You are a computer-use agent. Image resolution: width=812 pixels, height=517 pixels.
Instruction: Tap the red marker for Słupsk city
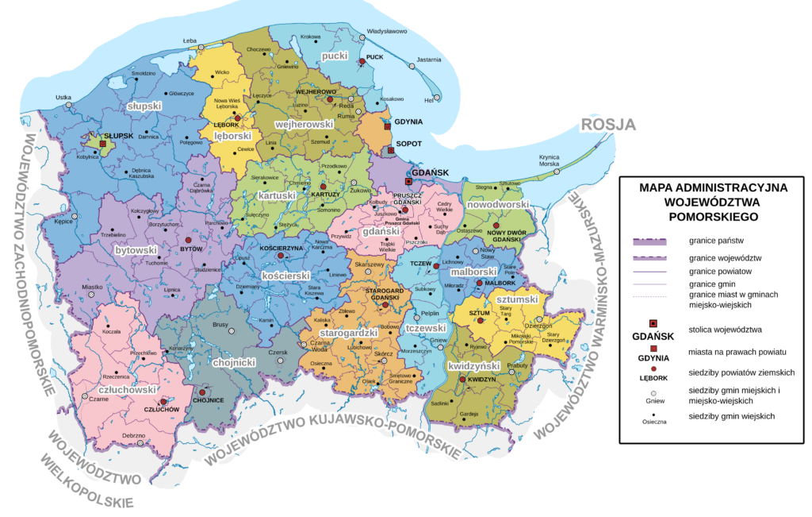click(103, 144)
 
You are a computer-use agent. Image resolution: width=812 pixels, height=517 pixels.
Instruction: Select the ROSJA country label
click(608, 125)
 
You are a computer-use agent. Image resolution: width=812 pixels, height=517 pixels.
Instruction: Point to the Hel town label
click(429, 100)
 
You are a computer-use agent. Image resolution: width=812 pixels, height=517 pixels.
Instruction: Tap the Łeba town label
click(190, 41)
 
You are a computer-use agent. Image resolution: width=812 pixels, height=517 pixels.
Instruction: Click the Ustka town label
click(63, 98)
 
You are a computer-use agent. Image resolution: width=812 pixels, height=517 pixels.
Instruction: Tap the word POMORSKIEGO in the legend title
click(713, 215)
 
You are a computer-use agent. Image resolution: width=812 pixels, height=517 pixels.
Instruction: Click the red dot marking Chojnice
click(203, 392)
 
